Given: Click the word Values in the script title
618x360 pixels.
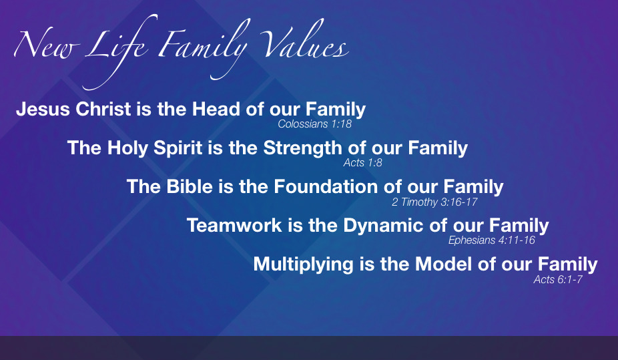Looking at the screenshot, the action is pos(304,41).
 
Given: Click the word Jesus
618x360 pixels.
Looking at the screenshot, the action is pos(43,110).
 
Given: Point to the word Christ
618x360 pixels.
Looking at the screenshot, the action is pos(103,110).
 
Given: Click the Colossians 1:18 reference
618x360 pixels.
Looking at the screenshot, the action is pos(314,124).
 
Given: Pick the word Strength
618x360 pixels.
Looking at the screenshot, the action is pos(303,148).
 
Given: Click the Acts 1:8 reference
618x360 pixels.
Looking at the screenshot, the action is pos(362,162).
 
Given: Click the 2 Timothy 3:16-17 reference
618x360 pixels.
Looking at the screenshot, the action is pos(434,202).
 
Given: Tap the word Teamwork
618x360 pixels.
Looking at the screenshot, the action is pos(234,226).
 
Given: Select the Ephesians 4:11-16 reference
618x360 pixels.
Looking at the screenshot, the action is pos(491,240).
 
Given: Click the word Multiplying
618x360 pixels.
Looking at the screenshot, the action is pos(303,264).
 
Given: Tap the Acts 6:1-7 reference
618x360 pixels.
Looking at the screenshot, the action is pos(558,279).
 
